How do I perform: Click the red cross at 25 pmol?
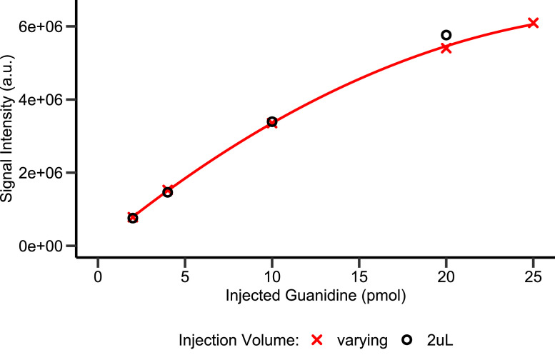[x=533, y=24]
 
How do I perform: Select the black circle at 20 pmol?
[x=446, y=35]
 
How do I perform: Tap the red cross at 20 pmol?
[x=446, y=48]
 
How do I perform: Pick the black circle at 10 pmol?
[x=271, y=121]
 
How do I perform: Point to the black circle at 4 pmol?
[x=167, y=192]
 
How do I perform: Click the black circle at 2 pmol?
[x=132, y=218]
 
